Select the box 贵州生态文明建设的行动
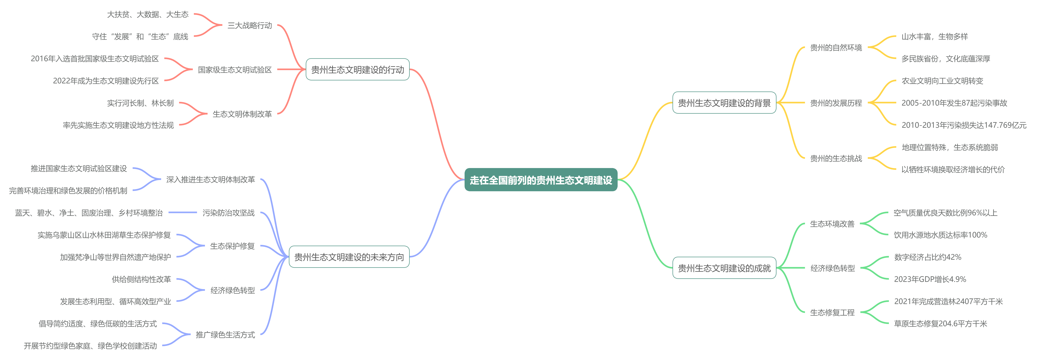pyautogui.click(x=357, y=70)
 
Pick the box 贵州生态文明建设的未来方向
pyautogui.click(x=349, y=257)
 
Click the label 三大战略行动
pyautogui.click(x=250, y=25)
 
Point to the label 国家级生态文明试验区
pyautogui.click(x=235, y=70)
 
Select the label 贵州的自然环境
pyautogui.click(x=836, y=48)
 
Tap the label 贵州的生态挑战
pyautogui.click(x=836, y=158)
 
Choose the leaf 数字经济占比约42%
pyautogui.click(x=928, y=257)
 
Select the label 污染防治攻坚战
pyautogui.click(x=228, y=213)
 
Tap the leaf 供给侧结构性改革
pyautogui.click(x=141, y=279)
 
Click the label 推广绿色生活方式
pyautogui.click(x=225, y=335)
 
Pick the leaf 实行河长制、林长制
pyautogui.click(x=140, y=103)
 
